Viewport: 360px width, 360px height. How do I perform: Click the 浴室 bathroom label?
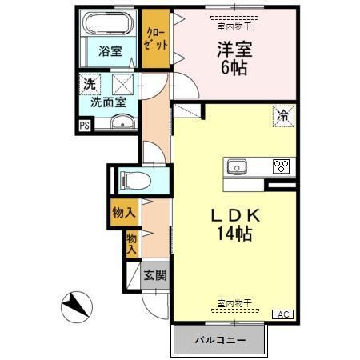(110, 51)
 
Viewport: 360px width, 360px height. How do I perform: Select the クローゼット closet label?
(155, 39)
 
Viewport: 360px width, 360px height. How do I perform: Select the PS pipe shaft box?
(84, 125)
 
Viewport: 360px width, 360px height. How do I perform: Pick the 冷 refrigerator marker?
(282, 114)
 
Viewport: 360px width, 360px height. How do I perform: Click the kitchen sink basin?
(237, 166)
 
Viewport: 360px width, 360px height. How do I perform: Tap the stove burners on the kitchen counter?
(280, 166)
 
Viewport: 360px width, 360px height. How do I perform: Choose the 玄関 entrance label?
(155, 276)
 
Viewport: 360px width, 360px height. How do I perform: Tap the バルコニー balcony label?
(219, 340)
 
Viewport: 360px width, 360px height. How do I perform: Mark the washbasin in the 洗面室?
(122, 122)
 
